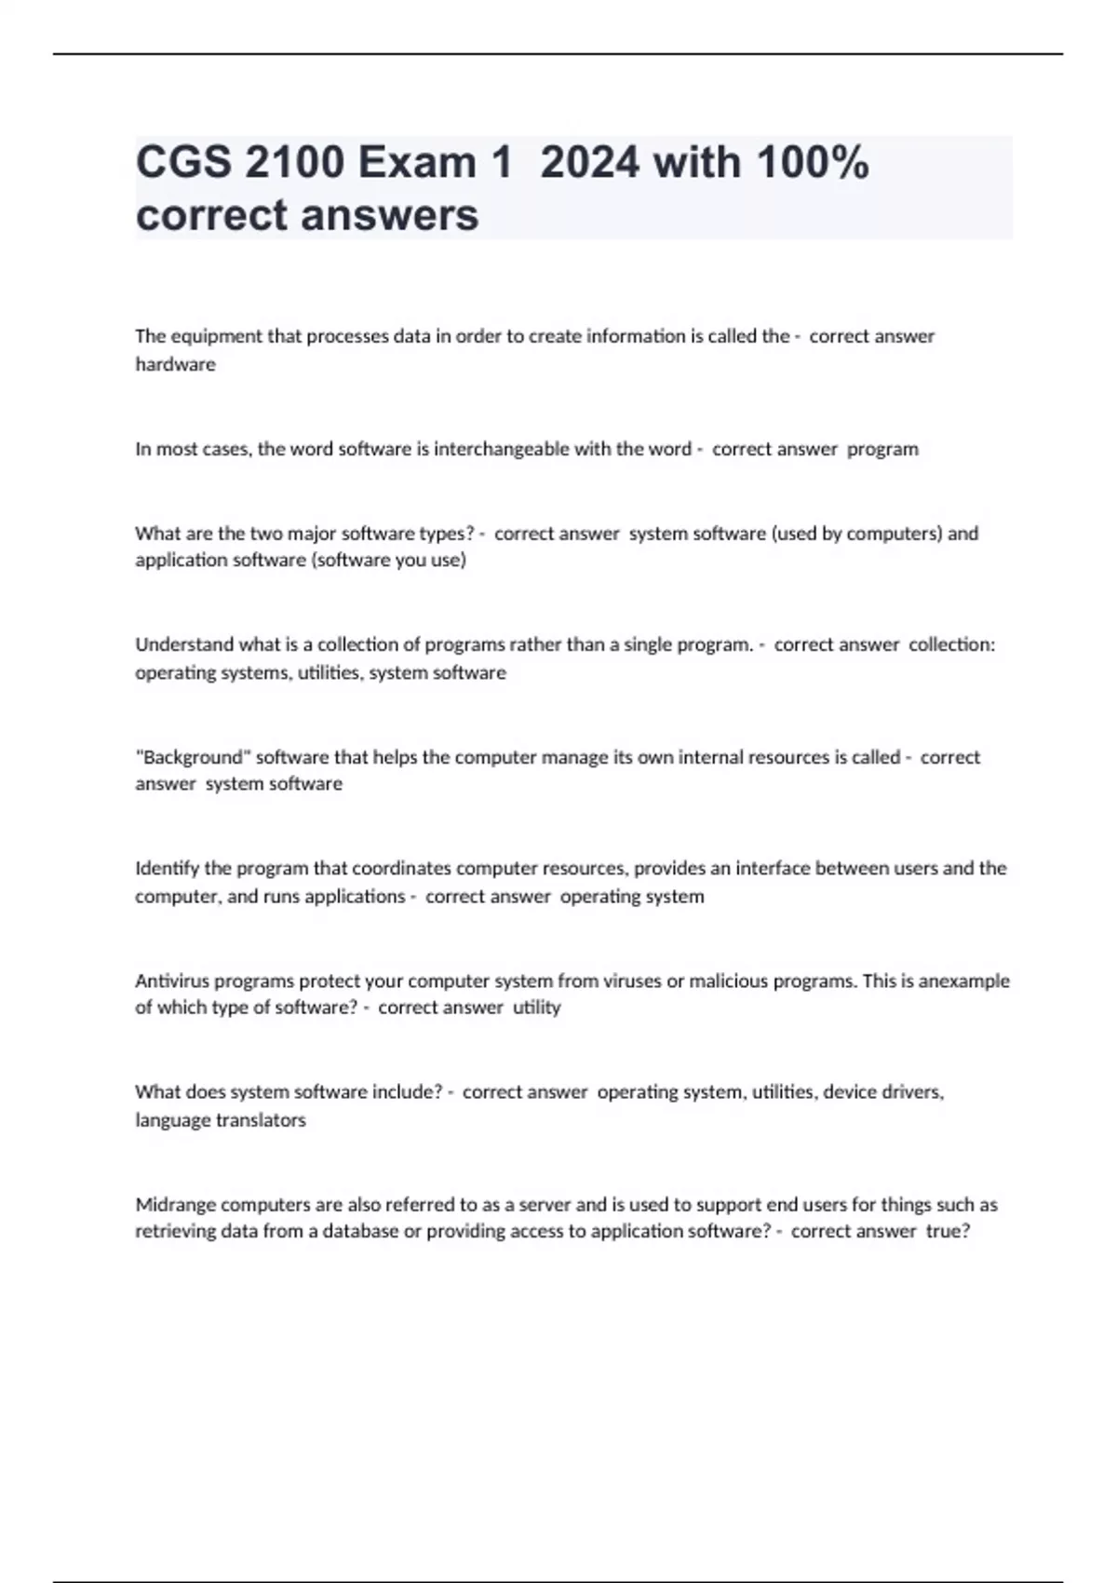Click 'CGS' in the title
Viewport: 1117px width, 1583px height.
pyautogui.click(x=183, y=163)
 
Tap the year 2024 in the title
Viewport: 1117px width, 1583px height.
pyautogui.click(x=590, y=163)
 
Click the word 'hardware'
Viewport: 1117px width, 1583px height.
pyautogui.click(x=175, y=364)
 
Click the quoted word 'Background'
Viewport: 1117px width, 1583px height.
pyautogui.click(x=193, y=757)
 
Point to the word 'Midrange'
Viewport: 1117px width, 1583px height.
pyautogui.click(x=176, y=1204)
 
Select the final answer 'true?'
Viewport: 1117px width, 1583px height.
pyautogui.click(x=948, y=1231)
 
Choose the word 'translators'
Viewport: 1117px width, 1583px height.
pyautogui.click(x=261, y=1120)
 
